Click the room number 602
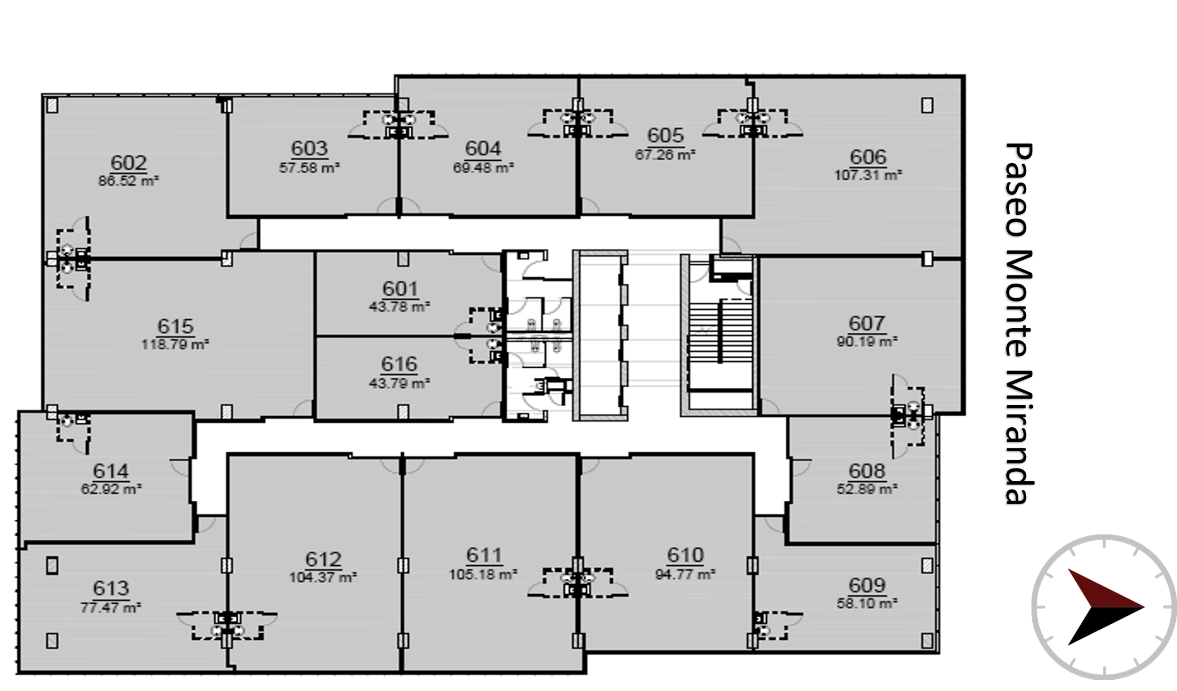[129, 163]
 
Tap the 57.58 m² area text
[309, 167]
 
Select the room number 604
[483, 149]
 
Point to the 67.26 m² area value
[665, 154]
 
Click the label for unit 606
[868, 157]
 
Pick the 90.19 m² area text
[867, 341]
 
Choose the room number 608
[866, 471]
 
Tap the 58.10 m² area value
[867, 603]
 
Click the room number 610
[685, 555]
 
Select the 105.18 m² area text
[483, 574]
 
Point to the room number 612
[323, 559]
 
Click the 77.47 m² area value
[111, 607]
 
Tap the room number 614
[111, 471]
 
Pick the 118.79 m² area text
[175, 344]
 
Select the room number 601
[400, 289]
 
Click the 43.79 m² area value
[399, 383]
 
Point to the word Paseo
[1018, 190]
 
